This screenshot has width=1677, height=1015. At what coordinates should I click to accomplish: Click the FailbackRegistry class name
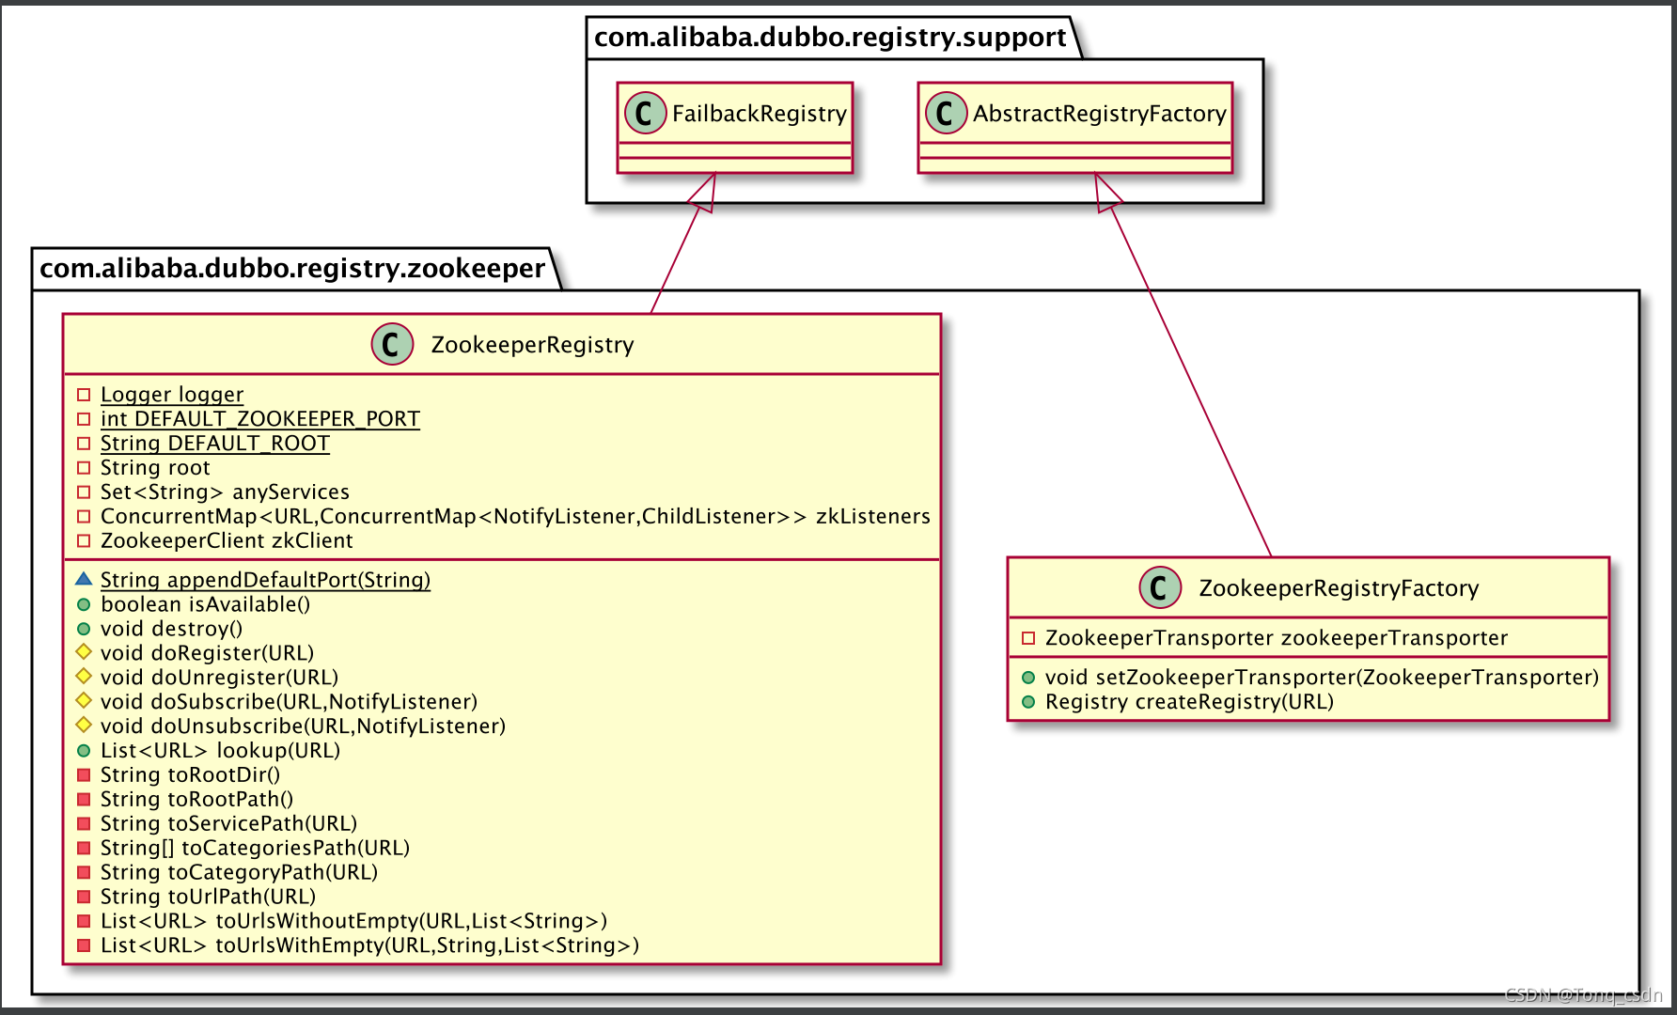pyautogui.click(x=759, y=114)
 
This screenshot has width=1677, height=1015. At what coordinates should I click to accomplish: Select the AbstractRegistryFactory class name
pyautogui.click(x=1099, y=114)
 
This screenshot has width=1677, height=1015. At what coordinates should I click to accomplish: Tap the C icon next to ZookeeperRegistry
pyautogui.click(x=392, y=344)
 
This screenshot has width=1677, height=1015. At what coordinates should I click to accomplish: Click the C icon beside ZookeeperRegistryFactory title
pyautogui.click(x=1160, y=587)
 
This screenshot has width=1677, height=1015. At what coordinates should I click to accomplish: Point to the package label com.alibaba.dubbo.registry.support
pyautogui.click(x=830, y=38)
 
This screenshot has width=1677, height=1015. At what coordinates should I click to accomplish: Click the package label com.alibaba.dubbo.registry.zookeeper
pyautogui.click(x=292, y=269)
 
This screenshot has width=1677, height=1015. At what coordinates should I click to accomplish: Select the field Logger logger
pyautogui.click(x=172, y=395)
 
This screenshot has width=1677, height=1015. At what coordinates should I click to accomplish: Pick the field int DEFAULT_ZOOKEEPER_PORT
pyautogui.click(x=259, y=419)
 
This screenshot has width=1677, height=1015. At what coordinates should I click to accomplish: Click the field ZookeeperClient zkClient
pyautogui.click(x=227, y=540)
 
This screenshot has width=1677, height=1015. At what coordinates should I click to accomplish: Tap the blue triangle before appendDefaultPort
pyautogui.click(x=84, y=579)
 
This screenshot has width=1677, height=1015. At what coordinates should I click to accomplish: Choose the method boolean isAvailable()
pyautogui.click(x=205, y=604)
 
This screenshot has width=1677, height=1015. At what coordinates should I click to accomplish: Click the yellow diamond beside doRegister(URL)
pyautogui.click(x=84, y=651)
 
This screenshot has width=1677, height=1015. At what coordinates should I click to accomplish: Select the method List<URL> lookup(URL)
pyautogui.click(x=220, y=750)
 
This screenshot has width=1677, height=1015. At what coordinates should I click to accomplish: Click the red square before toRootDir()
pyautogui.click(x=84, y=774)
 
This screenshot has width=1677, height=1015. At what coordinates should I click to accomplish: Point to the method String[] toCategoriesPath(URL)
pyautogui.click(x=255, y=848)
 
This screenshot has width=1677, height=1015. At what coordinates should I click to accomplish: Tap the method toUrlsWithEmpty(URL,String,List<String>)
pyautogui.click(x=369, y=945)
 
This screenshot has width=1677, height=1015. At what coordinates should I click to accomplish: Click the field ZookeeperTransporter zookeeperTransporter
pyautogui.click(x=1276, y=638)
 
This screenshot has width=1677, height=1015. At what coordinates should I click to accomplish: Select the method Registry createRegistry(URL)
pyautogui.click(x=1189, y=702)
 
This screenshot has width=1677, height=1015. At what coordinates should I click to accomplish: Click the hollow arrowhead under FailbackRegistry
pyautogui.click(x=703, y=195)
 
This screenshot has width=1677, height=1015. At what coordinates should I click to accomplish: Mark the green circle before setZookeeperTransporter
pyautogui.click(x=1028, y=678)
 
